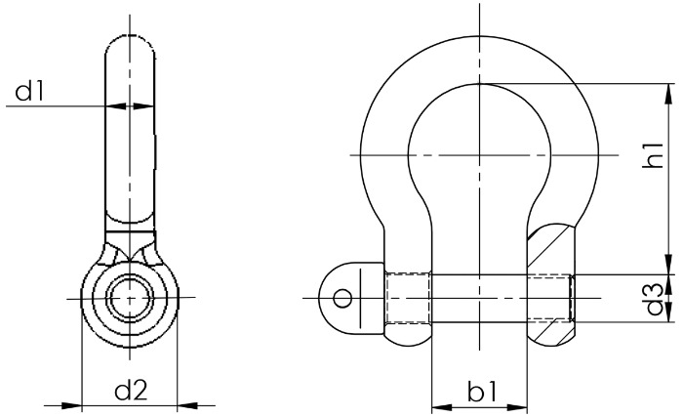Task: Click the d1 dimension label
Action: click(30, 92)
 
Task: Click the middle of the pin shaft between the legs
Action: click(479, 297)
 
